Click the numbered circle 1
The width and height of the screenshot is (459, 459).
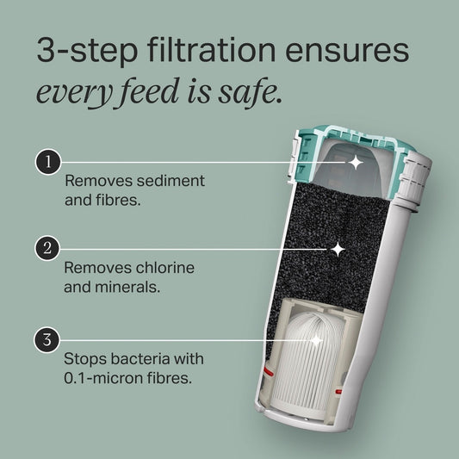47,161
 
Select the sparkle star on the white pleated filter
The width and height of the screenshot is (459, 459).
315,340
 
